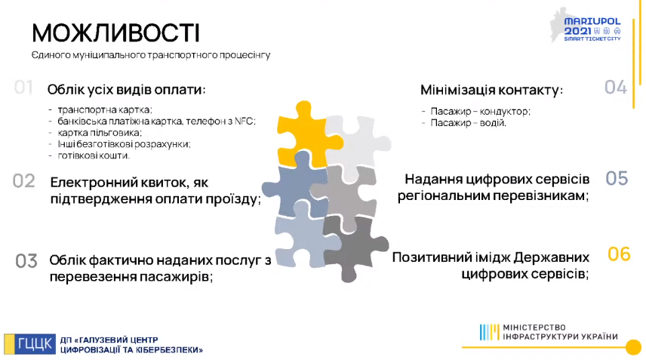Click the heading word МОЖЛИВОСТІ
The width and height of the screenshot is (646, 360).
[115, 33]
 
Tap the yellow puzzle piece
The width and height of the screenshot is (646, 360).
[307, 134]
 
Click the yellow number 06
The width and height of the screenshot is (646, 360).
[619, 254]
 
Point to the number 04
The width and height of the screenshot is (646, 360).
[616, 88]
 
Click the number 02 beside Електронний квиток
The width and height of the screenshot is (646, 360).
[24, 181]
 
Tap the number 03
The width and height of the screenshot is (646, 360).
[26, 261]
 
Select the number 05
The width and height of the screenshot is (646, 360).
[617, 178]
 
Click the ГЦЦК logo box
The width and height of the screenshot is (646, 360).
[29, 344]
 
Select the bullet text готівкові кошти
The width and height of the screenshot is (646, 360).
[94, 155]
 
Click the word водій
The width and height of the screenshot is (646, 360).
[493, 123]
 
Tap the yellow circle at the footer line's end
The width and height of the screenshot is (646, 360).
[633, 347]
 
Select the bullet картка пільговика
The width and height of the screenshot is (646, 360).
[100, 133]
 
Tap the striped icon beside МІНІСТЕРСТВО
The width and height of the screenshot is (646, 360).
[490, 332]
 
